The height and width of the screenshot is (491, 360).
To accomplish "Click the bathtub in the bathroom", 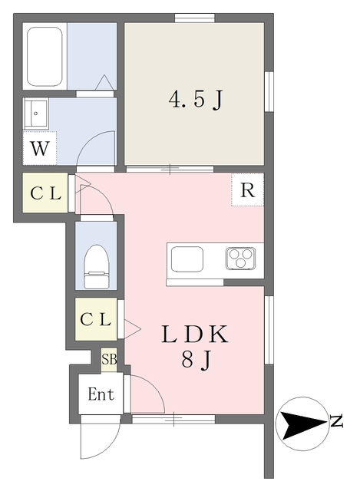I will pyautogui.click(x=45, y=57).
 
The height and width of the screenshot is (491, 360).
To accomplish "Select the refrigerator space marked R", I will pyautogui.click(x=247, y=191).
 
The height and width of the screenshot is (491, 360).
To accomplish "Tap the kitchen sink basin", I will pyautogui.click(x=187, y=259).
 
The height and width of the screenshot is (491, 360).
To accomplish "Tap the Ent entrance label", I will pyautogui.click(x=101, y=395).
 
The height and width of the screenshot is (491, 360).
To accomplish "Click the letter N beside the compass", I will pyautogui.click(x=336, y=420).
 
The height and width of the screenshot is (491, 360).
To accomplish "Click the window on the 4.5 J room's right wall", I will pyautogui.click(x=269, y=91).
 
